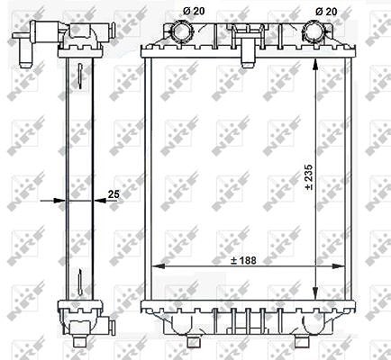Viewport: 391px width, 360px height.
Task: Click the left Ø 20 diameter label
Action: pos(194,11)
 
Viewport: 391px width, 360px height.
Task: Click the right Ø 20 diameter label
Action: pos(326,12)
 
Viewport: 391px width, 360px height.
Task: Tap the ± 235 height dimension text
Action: pos(309,177)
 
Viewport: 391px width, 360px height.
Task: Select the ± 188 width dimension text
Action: pos(243,260)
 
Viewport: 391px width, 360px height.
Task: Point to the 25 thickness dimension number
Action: pos(114,194)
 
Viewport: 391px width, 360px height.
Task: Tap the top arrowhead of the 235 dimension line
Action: pos(315,64)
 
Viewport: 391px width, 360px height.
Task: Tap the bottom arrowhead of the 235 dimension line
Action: pos(315,293)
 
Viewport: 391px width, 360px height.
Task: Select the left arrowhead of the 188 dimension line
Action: pos(159,265)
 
